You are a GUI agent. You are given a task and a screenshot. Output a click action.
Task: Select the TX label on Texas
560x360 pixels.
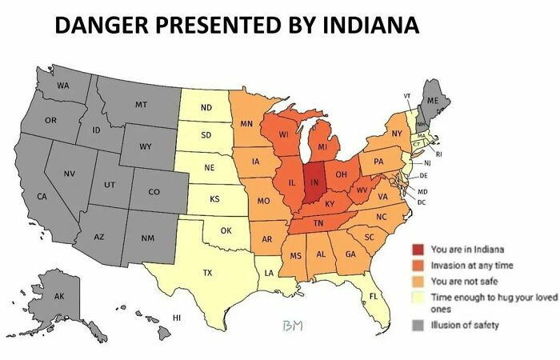[x=207, y=273]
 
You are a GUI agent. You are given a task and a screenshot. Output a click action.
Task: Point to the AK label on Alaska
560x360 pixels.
[x=59, y=296]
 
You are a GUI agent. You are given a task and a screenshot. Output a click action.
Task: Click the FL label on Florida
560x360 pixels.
[x=374, y=296]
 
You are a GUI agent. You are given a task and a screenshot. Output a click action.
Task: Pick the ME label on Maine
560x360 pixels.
[x=433, y=101]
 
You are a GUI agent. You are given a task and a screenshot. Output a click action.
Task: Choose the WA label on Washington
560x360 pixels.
[x=62, y=85]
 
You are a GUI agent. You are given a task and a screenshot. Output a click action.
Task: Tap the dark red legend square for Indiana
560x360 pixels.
[x=418, y=250]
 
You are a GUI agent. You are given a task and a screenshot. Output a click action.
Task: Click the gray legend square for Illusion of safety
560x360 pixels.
[x=418, y=324]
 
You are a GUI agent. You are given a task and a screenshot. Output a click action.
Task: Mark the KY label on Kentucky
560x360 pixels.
[x=329, y=204]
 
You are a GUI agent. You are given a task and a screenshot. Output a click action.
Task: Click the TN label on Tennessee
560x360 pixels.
[x=318, y=222]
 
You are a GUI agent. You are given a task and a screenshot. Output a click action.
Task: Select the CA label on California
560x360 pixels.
[x=42, y=196]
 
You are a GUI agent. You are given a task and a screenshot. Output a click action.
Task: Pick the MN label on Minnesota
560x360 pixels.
[x=246, y=124]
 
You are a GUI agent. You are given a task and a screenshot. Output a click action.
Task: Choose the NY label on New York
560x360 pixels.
[x=397, y=133]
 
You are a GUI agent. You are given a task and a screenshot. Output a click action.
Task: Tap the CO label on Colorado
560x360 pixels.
[x=154, y=192]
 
